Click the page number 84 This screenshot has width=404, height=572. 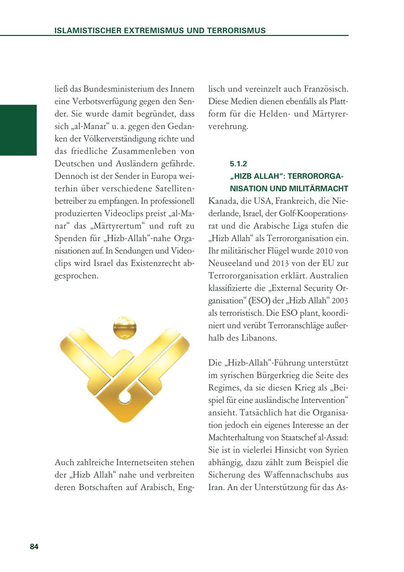point(34,546)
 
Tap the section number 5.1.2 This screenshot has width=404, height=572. point(238,164)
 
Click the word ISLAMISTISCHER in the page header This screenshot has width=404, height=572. point(84,31)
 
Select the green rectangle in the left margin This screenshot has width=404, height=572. point(18,130)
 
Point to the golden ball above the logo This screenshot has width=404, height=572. point(124,327)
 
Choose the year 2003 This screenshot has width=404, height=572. point(339,301)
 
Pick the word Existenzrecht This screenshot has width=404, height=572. point(146,263)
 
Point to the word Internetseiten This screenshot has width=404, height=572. point(140,462)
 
